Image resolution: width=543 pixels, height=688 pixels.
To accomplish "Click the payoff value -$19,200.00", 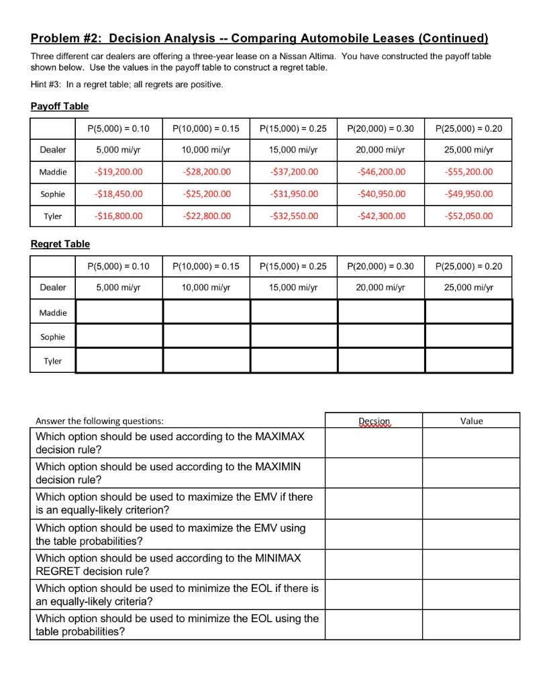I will (x=119, y=171).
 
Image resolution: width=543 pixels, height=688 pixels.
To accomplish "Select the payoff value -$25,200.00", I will (x=206, y=193).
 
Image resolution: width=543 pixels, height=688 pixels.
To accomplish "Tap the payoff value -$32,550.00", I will (x=293, y=216).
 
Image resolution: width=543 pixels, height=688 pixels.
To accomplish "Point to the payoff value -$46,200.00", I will (x=381, y=171).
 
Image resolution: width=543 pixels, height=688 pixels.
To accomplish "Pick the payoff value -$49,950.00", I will (x=468, y=193).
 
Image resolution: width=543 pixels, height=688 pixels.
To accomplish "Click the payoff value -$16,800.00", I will (x=119, y=216).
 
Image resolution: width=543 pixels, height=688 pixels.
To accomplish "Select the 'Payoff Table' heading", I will (x=60, y=106).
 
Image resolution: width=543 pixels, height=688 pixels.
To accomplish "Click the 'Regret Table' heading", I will (x=60, y=244).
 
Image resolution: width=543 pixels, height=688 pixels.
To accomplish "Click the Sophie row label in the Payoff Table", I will (x=53, y=193).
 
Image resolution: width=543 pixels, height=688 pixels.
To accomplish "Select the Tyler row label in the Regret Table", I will (x=53, y=361).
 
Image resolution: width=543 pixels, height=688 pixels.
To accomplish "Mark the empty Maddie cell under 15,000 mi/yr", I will (x=293, y=312).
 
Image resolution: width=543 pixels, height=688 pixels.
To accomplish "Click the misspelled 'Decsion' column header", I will (x=374, y=421).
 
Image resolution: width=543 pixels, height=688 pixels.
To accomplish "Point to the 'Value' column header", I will (x=471, y=421).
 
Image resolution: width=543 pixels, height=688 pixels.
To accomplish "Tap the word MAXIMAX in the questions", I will (x=280, y=437).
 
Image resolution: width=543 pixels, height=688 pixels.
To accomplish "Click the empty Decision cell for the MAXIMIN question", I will (x=374, y=473).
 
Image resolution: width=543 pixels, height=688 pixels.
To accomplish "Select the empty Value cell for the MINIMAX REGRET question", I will (x=471, y=564).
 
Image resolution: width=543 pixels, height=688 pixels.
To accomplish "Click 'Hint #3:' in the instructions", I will (x=49, y=85).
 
